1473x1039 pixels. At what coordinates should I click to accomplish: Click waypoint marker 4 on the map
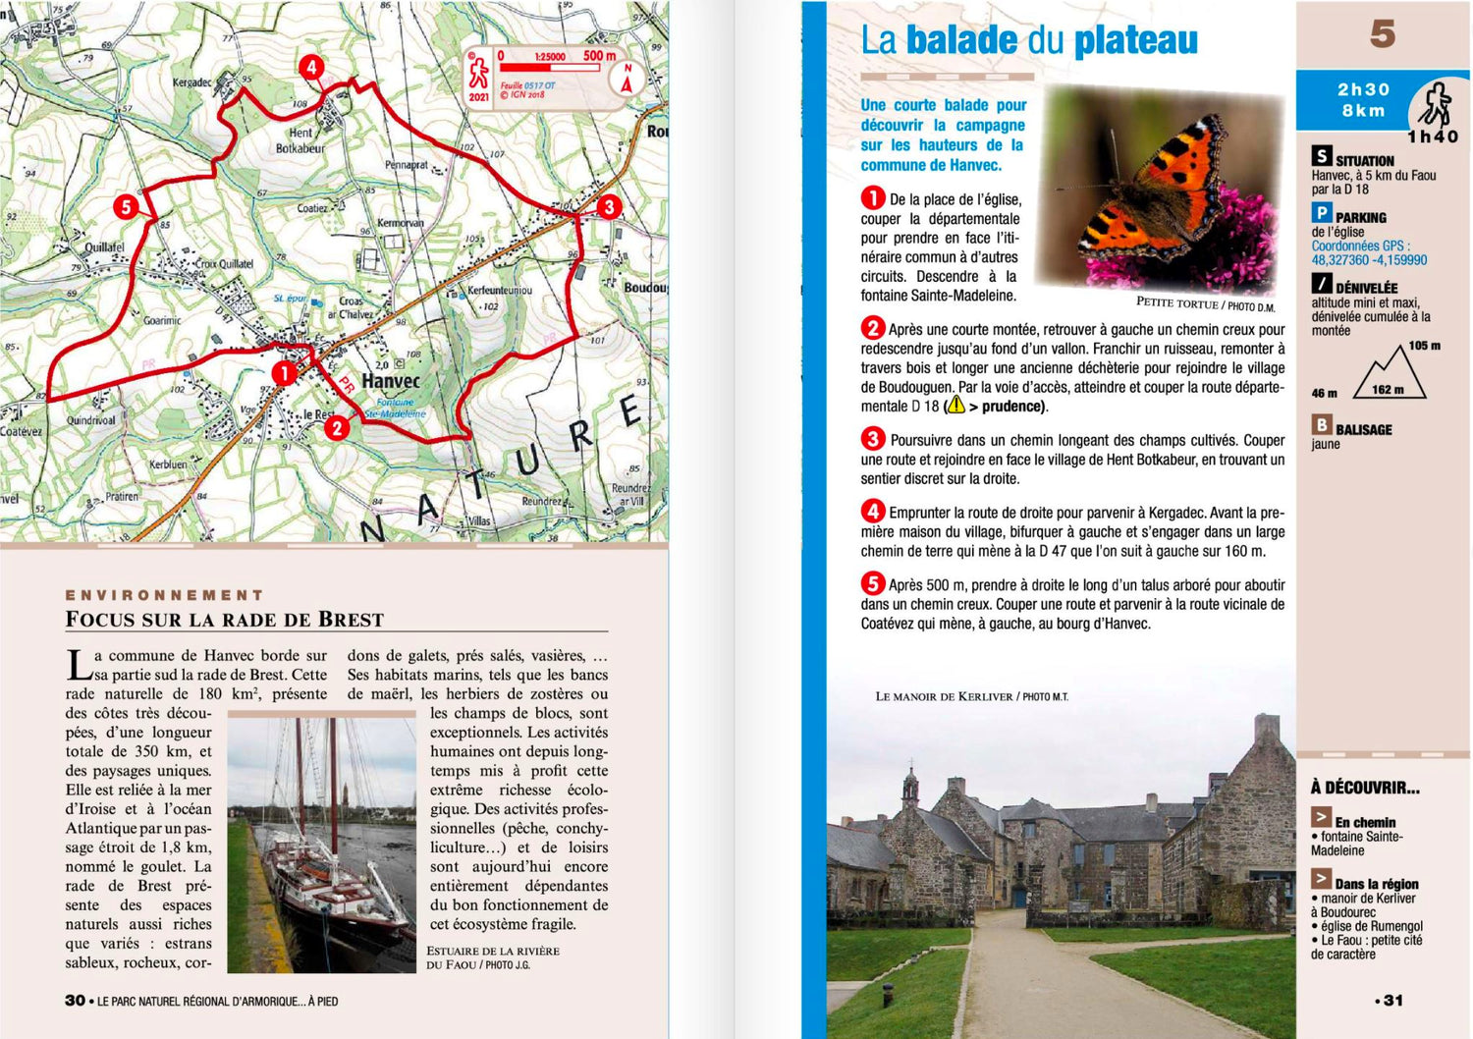point(311,68)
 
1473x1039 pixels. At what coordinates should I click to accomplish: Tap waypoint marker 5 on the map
point(126,207)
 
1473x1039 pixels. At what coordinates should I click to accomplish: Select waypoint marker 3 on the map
point(609,206)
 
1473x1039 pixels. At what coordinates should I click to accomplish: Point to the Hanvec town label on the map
point(391,381)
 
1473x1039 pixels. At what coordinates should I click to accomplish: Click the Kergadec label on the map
point(191,82)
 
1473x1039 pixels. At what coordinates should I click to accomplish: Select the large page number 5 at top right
point(1383,35)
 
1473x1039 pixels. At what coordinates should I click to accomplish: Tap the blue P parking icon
point(1322,213)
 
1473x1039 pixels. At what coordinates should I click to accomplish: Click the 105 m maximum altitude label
point(1424,346)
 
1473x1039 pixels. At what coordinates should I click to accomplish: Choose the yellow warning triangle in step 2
point(955,406)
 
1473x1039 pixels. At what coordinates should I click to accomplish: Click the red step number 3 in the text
point(872,439)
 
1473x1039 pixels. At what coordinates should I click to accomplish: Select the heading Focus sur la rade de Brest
point(225,620)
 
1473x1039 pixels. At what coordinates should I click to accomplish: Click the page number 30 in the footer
point(76,1001)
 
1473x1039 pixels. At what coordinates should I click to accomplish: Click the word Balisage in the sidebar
point(1363,429)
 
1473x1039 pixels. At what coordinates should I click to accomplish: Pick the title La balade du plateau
point(1029,41)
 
